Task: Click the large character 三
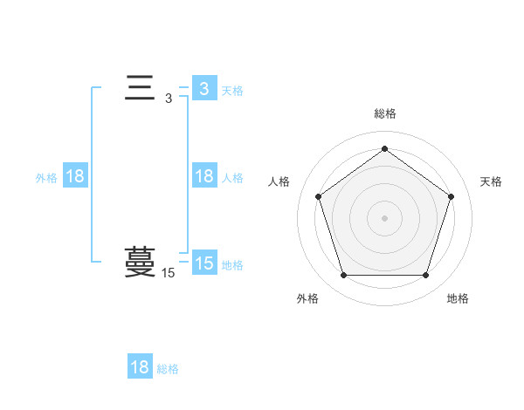tap(140, 89)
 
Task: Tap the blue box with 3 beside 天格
tap(204, 89)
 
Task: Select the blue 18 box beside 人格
tap(204, 177)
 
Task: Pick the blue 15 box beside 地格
tap(204, 263)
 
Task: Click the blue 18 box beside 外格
tap(75, 177)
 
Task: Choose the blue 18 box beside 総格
tap(140, 367)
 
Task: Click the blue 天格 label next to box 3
tap(232, 91)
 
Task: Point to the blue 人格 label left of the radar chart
tap(232, 178)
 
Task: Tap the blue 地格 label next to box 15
tap(232, 265)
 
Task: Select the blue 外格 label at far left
tap(46, 178)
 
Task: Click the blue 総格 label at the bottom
tap(168, 369)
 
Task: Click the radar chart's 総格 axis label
tap(384, 113)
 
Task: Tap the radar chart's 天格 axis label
tap(491, 181)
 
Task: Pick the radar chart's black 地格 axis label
tap(458, 298)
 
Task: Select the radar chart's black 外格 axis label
tap(307, 298)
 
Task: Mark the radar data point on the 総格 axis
tap(384, 149)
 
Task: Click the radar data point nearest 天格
tap(451, 196)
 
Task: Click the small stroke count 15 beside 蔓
tap(169, 273)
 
